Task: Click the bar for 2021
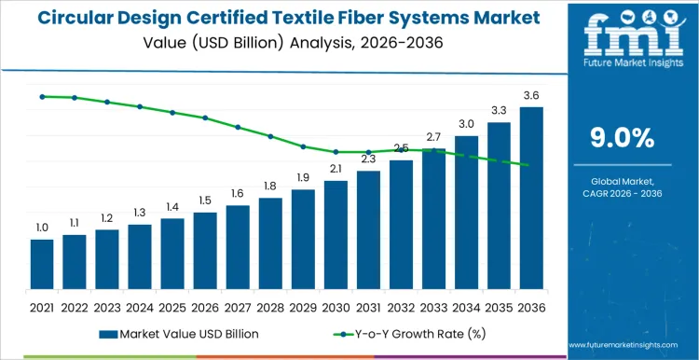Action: click(x=42, y=265)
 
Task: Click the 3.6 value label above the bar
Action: click(x=531, y=96)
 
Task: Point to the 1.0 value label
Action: click(x=42, y=228)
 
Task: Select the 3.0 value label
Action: click(x=466, y=124)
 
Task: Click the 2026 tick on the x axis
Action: click(x=205, y=306)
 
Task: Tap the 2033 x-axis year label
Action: click(x=433, y=306)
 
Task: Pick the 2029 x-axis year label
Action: click(x=303, y=306)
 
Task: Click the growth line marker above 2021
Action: click(x=42, y=96)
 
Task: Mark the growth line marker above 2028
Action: click(x=270, y=136)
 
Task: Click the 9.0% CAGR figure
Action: click(x=623, y=138)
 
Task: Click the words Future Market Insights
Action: click(x=623, y=63)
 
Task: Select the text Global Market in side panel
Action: click(x=623, y=181)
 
